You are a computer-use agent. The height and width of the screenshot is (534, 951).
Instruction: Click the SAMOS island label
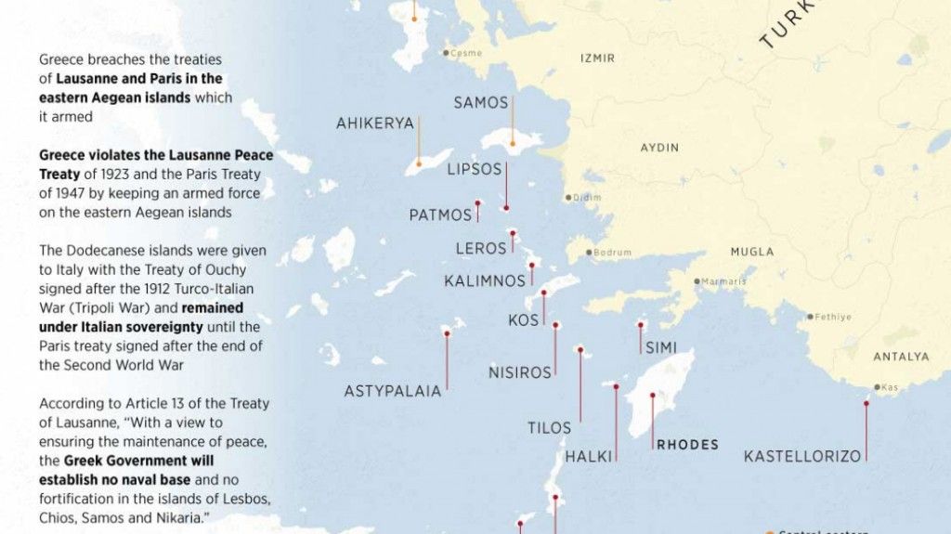tap(480, 103)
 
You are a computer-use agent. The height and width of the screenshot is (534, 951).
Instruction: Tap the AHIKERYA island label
tap(375, 124)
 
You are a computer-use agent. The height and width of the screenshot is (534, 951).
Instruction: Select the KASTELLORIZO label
tap(802, 456)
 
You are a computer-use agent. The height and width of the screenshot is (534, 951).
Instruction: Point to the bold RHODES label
tap(687, 445)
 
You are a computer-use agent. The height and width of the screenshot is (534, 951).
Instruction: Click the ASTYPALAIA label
tap(393, 391)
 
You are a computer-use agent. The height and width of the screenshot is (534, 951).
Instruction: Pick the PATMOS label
tap(440, 215)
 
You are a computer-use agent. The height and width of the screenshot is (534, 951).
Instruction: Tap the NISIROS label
tap(520, 373)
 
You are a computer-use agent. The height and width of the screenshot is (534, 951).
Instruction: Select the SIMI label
tap(660, 347)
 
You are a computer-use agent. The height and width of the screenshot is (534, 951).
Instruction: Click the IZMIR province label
tap(597, 59)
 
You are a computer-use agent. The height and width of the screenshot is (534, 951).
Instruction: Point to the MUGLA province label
tap(751, 252)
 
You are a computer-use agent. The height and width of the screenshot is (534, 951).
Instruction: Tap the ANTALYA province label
tap(900, 357)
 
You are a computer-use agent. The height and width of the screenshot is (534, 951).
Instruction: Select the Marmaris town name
tap(724, 281)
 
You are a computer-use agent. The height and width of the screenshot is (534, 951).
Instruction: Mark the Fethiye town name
tap(833, 317)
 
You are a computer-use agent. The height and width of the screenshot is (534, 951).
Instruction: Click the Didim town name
tap(587, 198)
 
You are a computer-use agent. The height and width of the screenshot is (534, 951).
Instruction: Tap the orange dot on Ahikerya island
tap(418, 163)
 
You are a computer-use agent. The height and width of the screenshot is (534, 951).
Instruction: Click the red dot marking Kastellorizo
tap(866, 401)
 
